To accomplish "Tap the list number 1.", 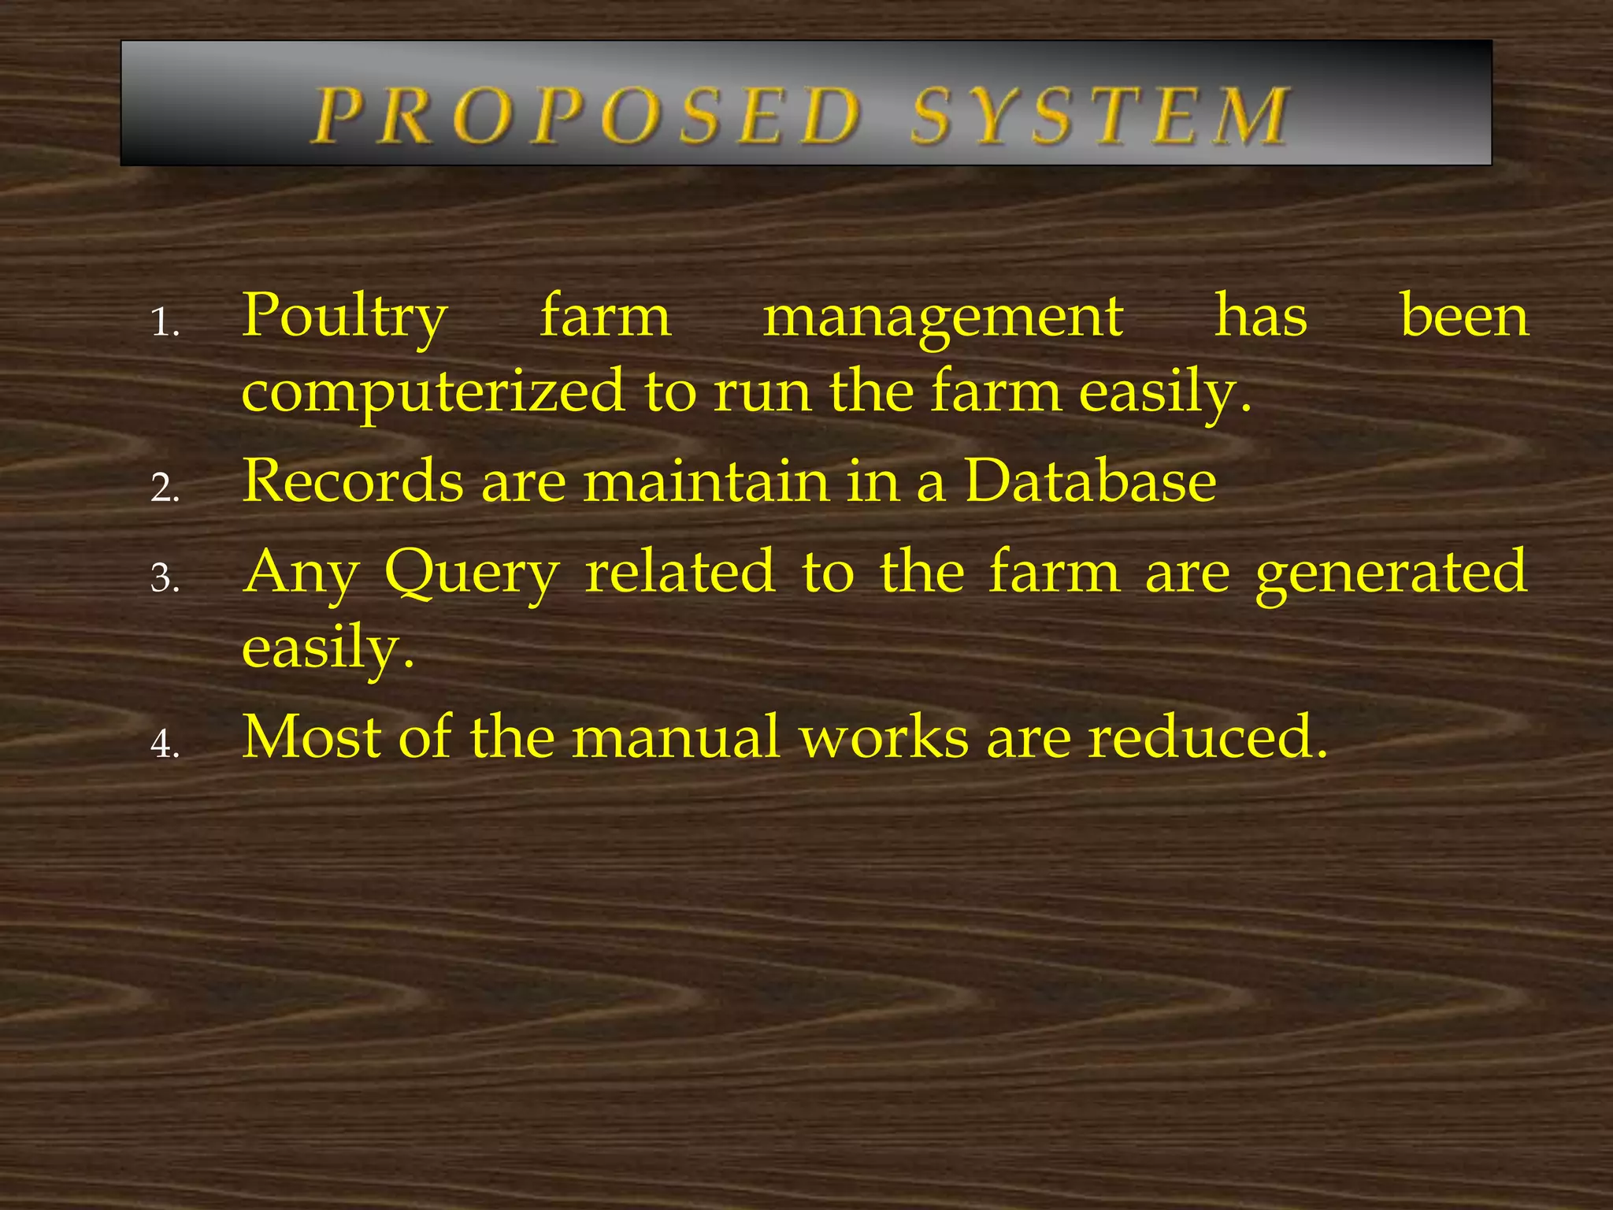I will (165, 323).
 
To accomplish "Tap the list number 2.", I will (165, 488).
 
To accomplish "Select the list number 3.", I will (165, 578).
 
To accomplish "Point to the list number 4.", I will (165, 744).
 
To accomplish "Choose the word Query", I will (472, 573).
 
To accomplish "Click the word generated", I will (1391, 573).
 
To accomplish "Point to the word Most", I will (311, 737).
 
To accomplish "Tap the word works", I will (884, 737).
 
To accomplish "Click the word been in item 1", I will (1464, 316).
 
